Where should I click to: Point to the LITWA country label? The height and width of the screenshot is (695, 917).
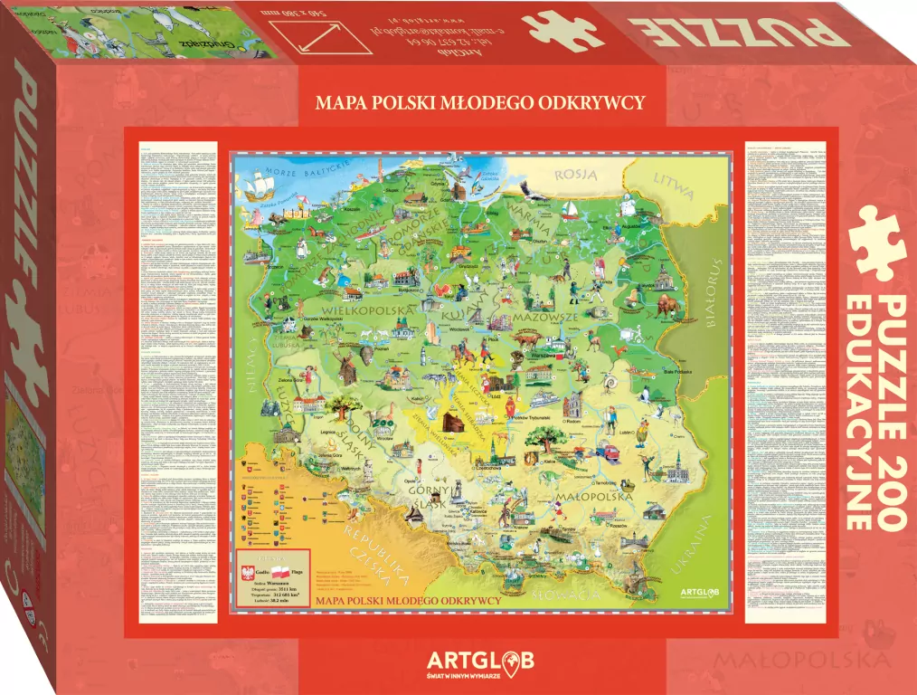(x=675, y=186)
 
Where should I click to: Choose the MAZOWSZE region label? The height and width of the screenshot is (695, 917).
(x=544, y=319)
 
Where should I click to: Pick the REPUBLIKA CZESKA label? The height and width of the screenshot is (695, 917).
(x=372, y=556)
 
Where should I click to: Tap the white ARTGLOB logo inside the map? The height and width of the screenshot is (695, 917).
(x=704, y=592)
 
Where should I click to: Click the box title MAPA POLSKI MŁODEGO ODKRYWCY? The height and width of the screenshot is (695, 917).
(x=480, y=102)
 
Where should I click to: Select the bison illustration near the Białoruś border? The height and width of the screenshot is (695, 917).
(x=666, y=309)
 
